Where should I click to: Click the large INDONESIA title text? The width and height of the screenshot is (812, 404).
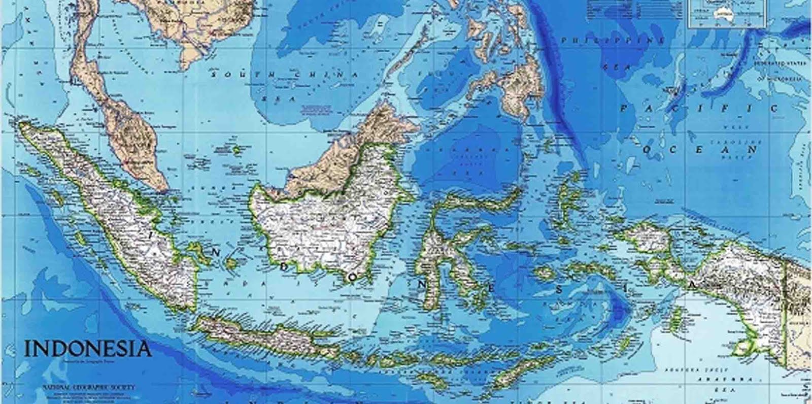[87, 349]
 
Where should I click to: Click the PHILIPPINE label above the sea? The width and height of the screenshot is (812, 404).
[612, 40]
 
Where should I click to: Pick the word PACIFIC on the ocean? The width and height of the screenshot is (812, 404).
[699, 108]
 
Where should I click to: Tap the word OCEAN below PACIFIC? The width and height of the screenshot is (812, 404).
[701, 150]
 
